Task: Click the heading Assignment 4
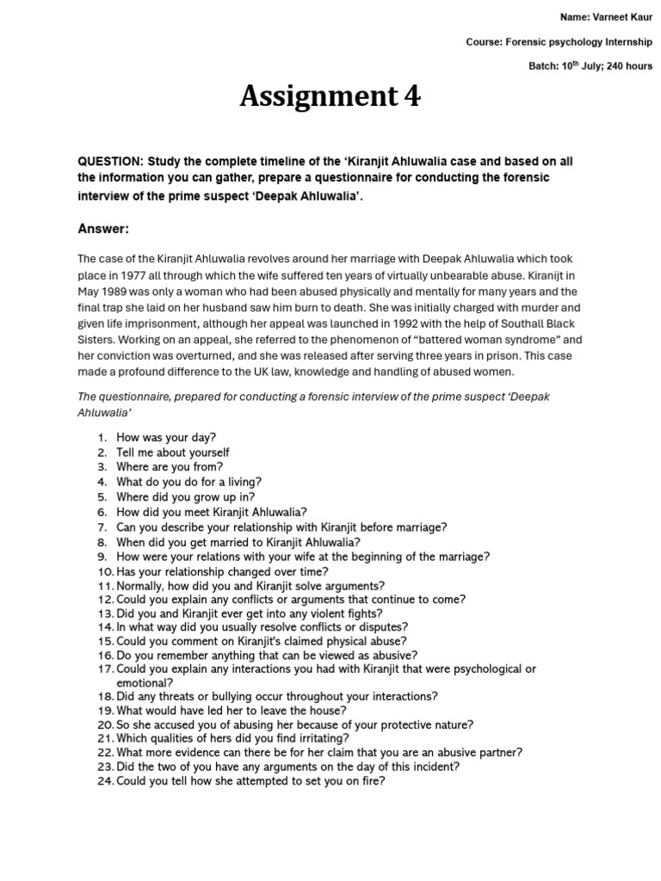coord(330,98)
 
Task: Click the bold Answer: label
coord(103,228)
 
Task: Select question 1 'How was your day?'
coord(166,437)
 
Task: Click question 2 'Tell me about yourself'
coord(172,452)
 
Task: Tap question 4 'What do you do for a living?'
coord(188,482)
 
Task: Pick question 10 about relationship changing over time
coord(222,571)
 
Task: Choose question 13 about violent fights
coord(250,613)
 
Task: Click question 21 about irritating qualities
coord(232,738)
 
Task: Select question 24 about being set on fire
coord(250,781)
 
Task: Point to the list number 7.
coord(102,527)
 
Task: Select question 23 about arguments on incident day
coord(287,767)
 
